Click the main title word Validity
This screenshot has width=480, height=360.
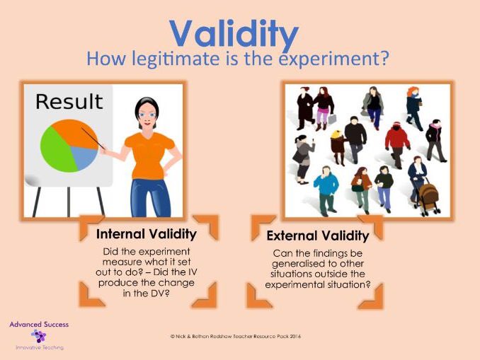[234, 32]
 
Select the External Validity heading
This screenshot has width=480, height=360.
[317, 236]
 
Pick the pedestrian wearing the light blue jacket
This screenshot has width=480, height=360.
[326, 185]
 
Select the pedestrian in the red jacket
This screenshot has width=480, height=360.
[397, 136]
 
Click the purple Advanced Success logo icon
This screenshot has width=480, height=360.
[38, 336]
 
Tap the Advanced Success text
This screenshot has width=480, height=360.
[38, 324]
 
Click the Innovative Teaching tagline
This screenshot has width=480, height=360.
[38, 347]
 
